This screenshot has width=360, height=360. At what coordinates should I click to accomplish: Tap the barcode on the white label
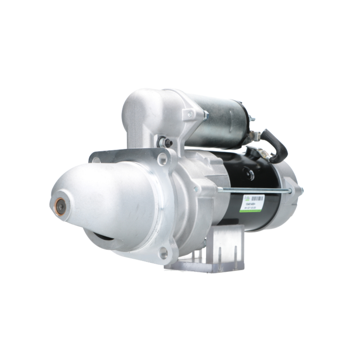[x=257, y=198]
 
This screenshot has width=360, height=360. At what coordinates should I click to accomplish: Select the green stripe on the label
[x=252, y=211]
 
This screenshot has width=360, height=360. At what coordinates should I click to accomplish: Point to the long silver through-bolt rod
[x=252, y=190]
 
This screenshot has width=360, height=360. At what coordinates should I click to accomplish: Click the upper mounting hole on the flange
[x=162, y=159]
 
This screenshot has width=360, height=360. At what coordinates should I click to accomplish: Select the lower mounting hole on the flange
[x=164, y=253]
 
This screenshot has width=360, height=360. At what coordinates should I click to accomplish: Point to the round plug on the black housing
[x=248, y=174]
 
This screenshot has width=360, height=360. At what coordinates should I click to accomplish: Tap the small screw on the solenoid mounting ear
[x=189, y=114]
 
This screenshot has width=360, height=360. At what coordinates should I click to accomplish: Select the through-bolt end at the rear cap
[x=301, y=190]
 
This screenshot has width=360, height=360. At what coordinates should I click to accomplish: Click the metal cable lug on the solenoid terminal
[x=256, y=136]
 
